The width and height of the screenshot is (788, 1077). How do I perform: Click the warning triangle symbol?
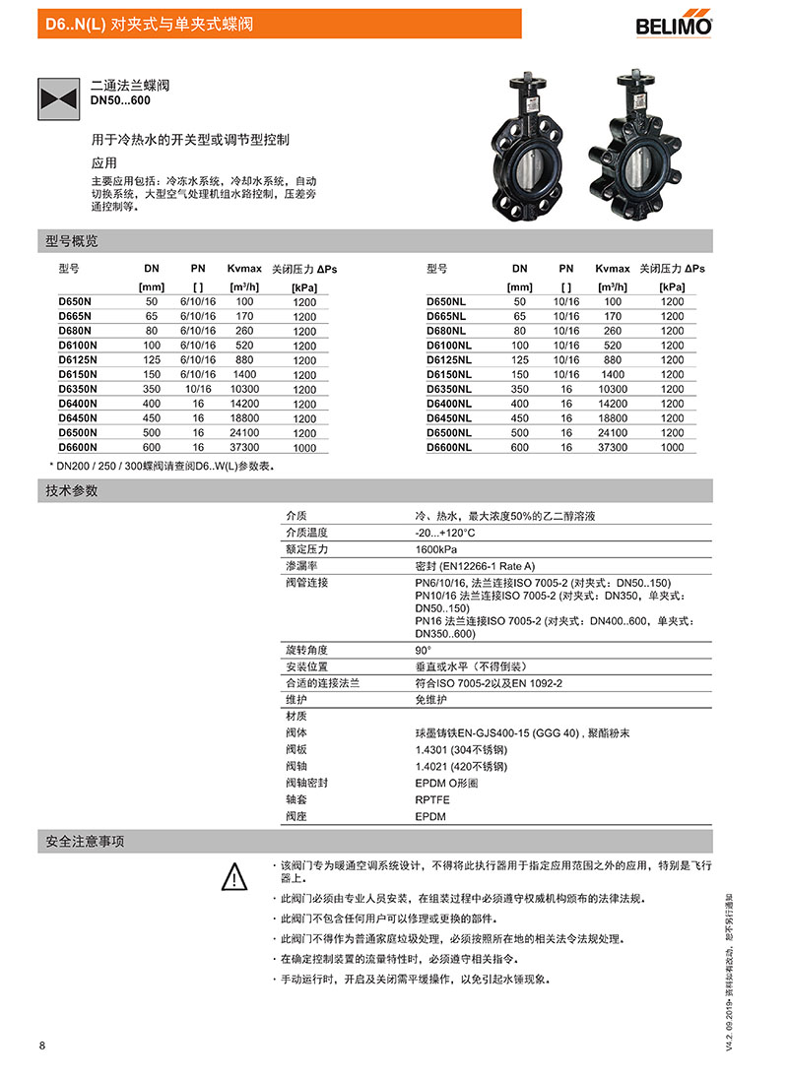pyautogui.click(x=232, y=875)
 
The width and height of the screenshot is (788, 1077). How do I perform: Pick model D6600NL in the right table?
pyautogui.click(x=448, y=447)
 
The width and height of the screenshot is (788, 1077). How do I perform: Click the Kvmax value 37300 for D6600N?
pyautogui.click(x=244, y=447)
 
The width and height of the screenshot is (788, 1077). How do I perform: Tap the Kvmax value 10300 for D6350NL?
pyautogui.click(x=613, y=389)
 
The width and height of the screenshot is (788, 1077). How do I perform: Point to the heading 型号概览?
pyautogui.click(x=72, y=241)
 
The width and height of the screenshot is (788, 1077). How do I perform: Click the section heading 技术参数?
pyautogui.click(x=72, y=490)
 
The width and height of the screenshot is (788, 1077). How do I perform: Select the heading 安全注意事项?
pyautogui.click(x=85, y=842)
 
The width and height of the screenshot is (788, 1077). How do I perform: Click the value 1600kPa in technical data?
pyautogui.click(x=436, y=549)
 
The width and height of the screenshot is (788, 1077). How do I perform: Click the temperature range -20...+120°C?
pyautogui.click(x=445, y=533)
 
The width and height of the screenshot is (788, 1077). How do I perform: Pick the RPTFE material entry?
pyautogui.click(x=433, y=800)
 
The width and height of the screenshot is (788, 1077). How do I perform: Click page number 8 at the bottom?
pyautogui.click(x=42, y=1045)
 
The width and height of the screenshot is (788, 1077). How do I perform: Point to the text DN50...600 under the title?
pyautogui.click(x=121, y=100)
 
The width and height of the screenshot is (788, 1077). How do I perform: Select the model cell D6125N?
pyautogui.click(x=78, y=359)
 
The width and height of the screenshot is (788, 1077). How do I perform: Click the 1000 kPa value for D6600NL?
pyautogui.click(x=672, y=447)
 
